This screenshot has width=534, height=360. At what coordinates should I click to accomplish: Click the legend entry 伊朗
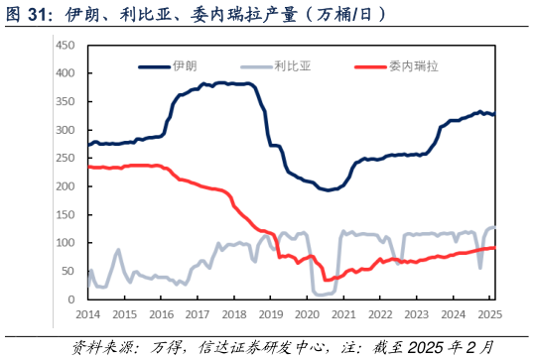tap(185, 66)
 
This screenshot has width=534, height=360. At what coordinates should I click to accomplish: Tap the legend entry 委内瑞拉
tap(408, 66)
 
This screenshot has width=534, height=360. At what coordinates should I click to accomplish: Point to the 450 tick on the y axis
tap(67, 46)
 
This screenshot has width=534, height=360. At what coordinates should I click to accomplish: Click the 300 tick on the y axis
tap(67, 130)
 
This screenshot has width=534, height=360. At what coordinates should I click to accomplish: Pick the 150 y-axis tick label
tap(67, 214)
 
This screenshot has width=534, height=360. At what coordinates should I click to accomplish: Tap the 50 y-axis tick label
tap(69, 271)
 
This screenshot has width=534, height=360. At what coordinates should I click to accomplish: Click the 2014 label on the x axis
tap(87, 314)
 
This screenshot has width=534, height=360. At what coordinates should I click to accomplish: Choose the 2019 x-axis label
tap(270, 314)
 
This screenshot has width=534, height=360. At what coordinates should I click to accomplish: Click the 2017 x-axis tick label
tap(197, 314)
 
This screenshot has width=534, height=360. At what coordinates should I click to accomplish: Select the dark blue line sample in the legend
tap(153, 66)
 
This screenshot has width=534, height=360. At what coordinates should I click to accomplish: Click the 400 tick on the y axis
tap(67, 73)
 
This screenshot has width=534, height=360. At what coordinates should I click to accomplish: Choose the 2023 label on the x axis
tap(416, 314)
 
